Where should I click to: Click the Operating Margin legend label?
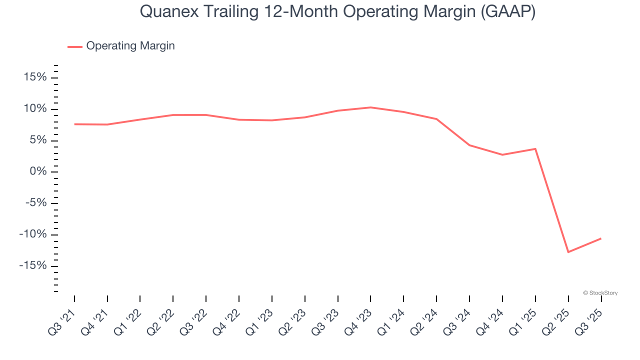tap(130, 46)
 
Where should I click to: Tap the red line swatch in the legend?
tap(75, 46)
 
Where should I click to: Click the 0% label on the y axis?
tap(37, 171)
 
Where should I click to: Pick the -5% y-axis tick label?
tap(35, 203)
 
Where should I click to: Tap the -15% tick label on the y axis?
tap(33, 265)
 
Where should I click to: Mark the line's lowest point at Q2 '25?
tap(568, 252)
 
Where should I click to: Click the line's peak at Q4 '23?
tap(370, 107)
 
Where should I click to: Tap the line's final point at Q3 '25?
tap(600, 238)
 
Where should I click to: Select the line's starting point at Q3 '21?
tap(74, 124)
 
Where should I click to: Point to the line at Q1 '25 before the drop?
tap(535, 148)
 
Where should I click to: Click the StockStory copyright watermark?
tap(600, 293)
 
